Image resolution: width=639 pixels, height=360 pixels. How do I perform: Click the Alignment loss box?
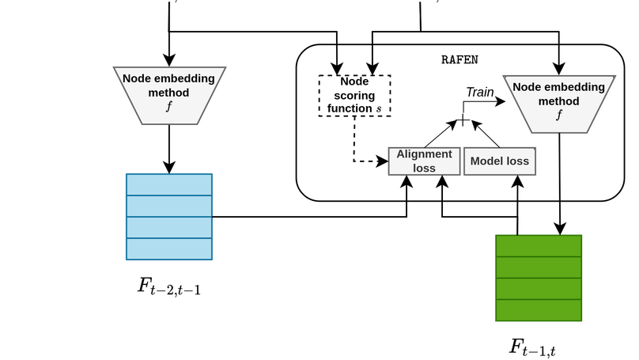click(x=424, y=161)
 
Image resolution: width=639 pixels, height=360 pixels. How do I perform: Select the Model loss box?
click(x=499, y=161)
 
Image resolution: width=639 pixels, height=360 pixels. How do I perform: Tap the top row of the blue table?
click(x=168, y=184)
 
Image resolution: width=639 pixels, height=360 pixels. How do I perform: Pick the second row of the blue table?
click(x=168, y=206)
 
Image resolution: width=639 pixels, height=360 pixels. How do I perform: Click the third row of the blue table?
click(x=168, y=227)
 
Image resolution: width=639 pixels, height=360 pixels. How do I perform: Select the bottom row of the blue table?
click(x=168, y=248)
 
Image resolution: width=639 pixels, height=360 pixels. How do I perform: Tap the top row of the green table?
click(x=539, y=245)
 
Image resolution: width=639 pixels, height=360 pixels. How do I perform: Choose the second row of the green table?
click(x=539, y=267)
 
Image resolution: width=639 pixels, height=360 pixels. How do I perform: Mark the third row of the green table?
click(x=539, y=289)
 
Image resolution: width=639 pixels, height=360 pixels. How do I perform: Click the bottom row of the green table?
click(x=539, y=310)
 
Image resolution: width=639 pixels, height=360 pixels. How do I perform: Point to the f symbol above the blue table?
click(x=168, y=107)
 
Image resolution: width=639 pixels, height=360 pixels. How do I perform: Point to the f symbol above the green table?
click(x=558, y=115)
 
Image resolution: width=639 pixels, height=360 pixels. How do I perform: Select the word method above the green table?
click(x=558, y=101)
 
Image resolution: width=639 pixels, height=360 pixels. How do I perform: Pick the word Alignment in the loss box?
click(x=424, y=154)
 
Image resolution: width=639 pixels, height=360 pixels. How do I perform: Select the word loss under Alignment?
click(x=424, y=168)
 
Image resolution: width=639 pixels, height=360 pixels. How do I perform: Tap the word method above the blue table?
click(x=168, y=93)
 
